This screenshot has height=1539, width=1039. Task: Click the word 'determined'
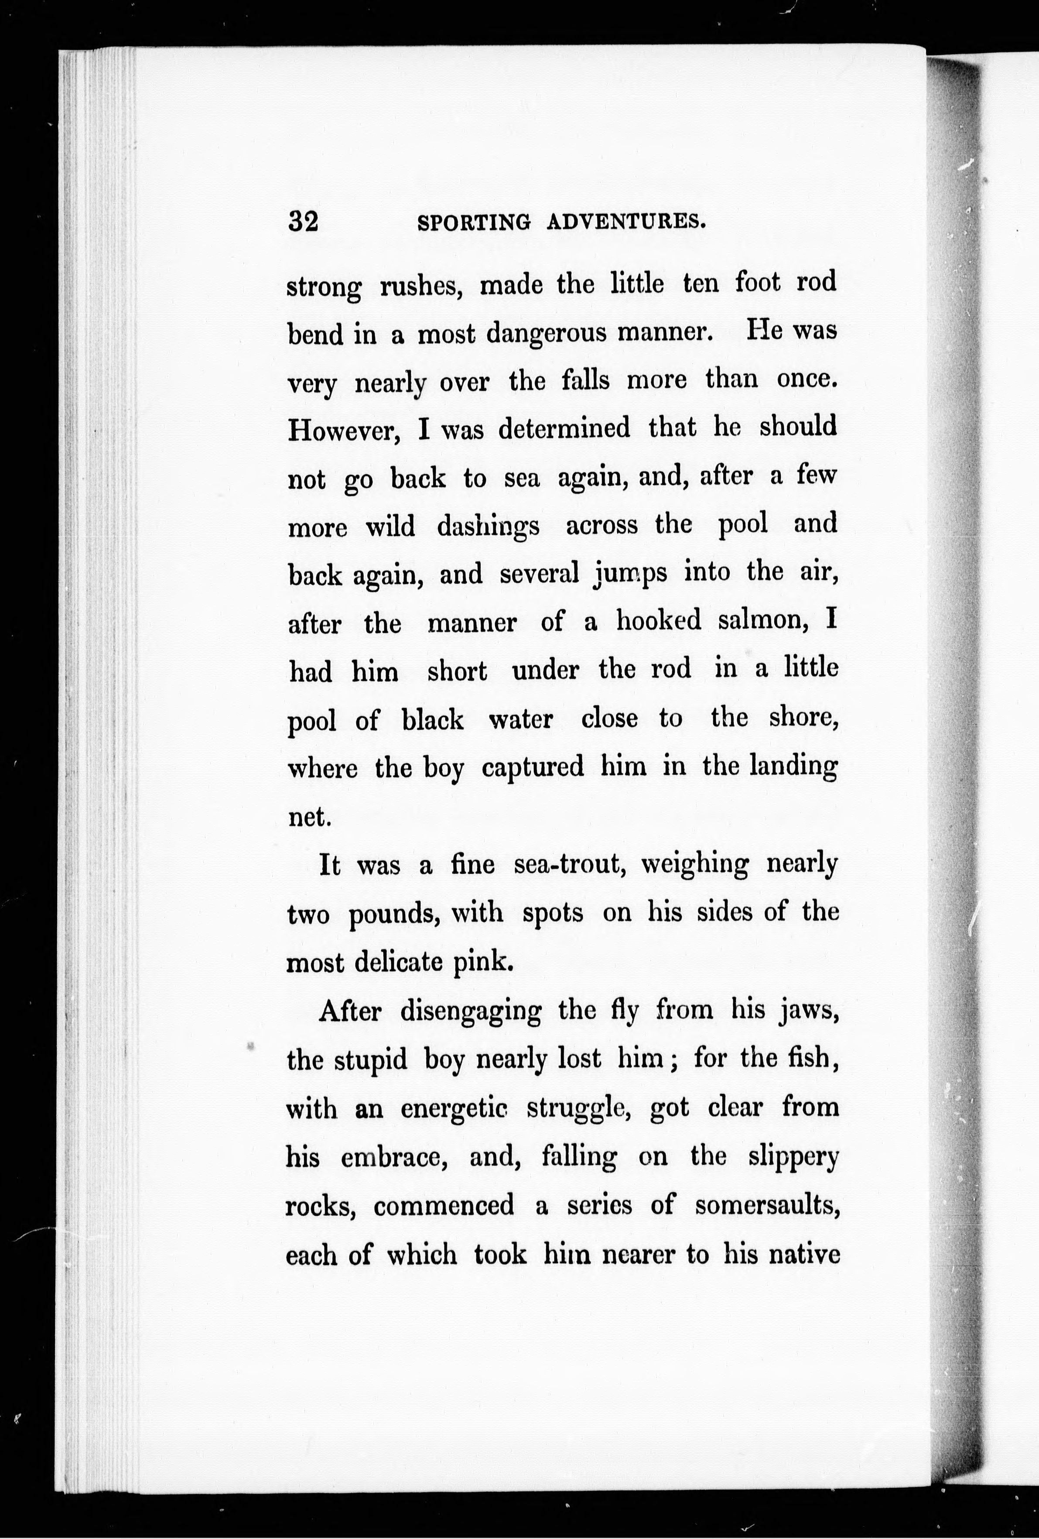tap(564, 428)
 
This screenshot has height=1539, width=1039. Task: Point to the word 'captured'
tap(533, 767)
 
